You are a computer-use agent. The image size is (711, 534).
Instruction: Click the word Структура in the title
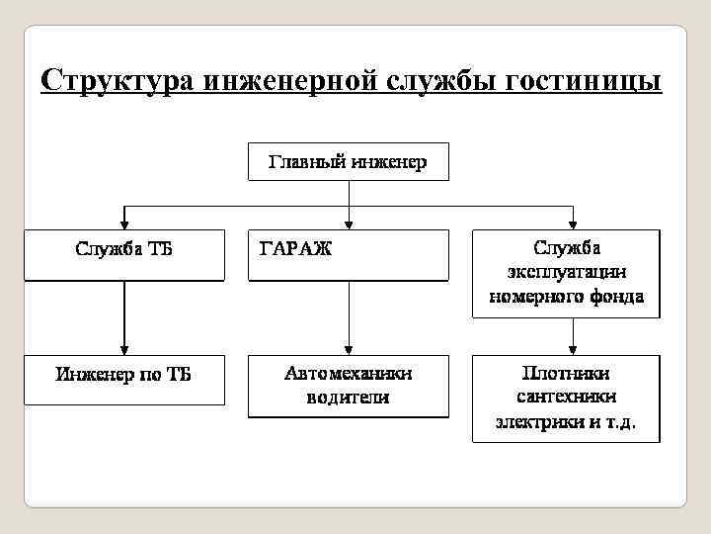click(x=118, y=78)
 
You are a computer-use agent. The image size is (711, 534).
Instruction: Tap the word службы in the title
click(x=434, y=78)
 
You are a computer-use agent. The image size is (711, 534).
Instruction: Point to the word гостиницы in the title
click(x=583, y=78)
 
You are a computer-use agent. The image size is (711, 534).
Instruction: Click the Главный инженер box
click(x=348, y=162)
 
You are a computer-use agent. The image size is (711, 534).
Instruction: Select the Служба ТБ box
click(x=123, y=255)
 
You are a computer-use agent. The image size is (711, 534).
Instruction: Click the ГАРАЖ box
click(x=348, y=255)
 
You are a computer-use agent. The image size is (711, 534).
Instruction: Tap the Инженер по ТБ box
click(x=123, y=380)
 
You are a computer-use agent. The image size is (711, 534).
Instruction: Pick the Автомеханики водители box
click(x=348, y=386)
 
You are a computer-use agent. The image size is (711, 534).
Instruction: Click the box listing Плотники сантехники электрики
click(x=566, y=398)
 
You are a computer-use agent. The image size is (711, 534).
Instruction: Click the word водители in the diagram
click(x=348, y=398)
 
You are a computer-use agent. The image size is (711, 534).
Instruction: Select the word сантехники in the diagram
click(x=566, y=398)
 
